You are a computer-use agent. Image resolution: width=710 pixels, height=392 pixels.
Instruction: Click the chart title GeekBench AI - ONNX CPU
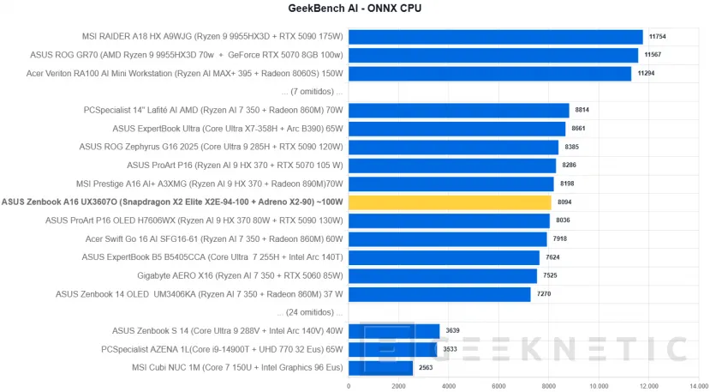(x=355, y=9)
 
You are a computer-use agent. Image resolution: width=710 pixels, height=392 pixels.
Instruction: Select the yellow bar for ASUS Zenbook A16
(x=450, y=202)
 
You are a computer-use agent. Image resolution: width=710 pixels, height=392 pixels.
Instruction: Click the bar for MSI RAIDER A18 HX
(x=495, y=37)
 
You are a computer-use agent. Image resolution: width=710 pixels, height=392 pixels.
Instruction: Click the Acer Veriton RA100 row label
(x=184, y=74)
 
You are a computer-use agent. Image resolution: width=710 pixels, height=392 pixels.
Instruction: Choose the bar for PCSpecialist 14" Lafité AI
(x=458, y=111)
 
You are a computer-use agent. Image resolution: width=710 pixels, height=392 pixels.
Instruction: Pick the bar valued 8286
(x=451, y=166)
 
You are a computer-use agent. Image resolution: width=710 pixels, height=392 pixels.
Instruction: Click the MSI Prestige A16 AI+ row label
(x=210, y=184)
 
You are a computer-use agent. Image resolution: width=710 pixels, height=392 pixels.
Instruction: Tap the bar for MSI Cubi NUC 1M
(x=380, y=367)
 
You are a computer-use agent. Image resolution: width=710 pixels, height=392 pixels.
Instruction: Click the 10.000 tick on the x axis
(x=598, y=386)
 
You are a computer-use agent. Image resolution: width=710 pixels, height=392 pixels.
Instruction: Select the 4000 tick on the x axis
(x=448, y=386)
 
